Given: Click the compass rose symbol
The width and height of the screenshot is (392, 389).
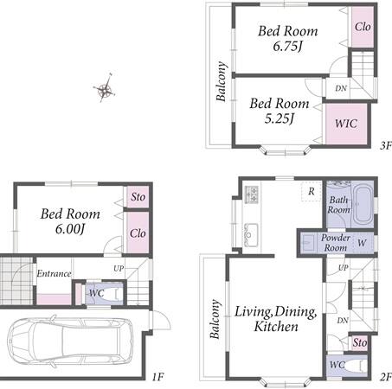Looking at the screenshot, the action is (105, 89).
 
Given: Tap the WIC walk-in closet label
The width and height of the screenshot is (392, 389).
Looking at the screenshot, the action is (346, 124).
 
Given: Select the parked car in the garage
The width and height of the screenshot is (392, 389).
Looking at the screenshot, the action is (70, 341).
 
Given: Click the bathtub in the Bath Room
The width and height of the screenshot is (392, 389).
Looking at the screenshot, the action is (363, 205).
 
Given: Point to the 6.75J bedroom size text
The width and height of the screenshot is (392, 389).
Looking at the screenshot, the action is (287, 46).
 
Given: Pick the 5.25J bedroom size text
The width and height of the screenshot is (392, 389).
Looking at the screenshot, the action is (279, 118).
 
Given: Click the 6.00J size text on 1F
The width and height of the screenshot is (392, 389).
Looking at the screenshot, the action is (70, 229).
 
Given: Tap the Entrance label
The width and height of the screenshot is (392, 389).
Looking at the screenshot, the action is (54, 273).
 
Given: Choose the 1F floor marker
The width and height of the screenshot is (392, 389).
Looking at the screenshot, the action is (158, 376).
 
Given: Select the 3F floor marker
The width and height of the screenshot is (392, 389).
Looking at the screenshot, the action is (386, 145).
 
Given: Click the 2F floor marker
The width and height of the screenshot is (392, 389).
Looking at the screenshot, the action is (386, 376).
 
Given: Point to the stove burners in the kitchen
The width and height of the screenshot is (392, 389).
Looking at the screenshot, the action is (252, 194).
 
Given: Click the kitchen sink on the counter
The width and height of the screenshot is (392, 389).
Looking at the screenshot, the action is (251, 234).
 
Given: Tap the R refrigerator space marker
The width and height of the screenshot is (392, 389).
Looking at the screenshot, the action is (312, 191).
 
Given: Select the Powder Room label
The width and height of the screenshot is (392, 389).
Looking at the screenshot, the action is (336, 243).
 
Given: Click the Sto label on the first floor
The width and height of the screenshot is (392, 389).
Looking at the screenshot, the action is (138, 197).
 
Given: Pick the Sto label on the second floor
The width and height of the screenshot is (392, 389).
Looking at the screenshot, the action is (360, 342).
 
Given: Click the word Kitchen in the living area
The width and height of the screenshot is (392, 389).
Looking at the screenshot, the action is (276, 327).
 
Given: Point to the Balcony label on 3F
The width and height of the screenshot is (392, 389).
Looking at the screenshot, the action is (222, 81).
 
